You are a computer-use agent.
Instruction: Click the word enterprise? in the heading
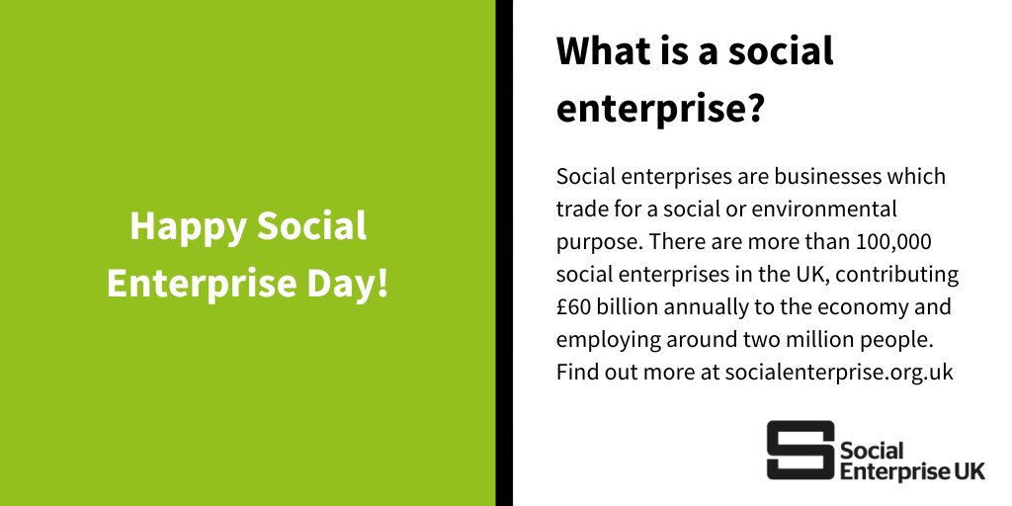pyautogui.click(x=660, y=109)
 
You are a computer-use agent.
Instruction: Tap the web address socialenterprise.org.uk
pyautogui.click(x=839, y=373)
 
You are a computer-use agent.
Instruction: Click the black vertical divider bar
pyautogui.click(x=504, y=253)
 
